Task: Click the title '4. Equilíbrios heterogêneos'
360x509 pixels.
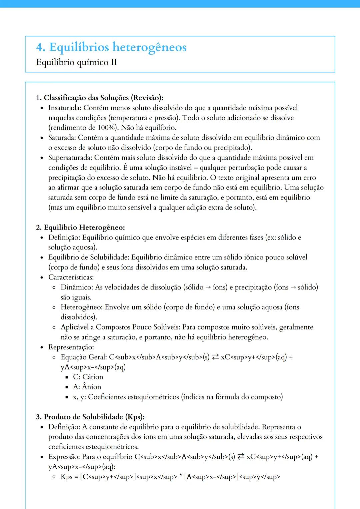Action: point(111,47)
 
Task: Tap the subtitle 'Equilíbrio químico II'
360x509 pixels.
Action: point(76,62)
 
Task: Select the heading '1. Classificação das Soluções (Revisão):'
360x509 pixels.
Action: point(100,98)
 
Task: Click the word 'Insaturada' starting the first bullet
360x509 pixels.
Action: point(64,108)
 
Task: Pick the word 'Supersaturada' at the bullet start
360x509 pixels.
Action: point(69,158)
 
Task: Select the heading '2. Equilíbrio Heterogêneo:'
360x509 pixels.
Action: point(80,228)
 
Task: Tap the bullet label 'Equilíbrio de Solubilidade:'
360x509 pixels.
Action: point(89,257)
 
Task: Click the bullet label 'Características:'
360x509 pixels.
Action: point(71,277)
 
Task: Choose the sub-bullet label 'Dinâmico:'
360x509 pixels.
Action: point(77,287)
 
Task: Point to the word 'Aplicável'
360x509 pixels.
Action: point(75,327)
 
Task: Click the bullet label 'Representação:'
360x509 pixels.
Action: point(71,347)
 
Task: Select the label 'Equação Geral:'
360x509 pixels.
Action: point(84,357)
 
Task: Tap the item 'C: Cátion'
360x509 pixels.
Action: point(88,377)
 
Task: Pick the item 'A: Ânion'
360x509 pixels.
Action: point(87,387)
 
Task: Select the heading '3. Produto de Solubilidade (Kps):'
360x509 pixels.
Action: point(90,417)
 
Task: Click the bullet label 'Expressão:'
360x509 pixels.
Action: point(64,457)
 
